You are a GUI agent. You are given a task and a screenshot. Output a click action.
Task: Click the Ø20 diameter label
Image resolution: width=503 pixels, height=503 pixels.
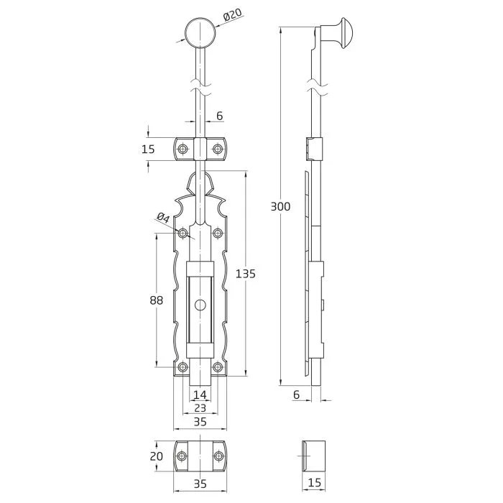233,15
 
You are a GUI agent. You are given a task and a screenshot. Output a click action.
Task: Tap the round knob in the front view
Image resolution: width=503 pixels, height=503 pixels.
200,33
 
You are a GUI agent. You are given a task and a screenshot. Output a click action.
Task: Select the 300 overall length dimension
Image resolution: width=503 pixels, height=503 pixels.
280,207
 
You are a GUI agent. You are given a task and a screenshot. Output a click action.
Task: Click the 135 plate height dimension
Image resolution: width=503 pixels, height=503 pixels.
246,274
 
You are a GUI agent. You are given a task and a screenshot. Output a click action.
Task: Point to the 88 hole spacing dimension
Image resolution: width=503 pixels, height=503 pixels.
156,300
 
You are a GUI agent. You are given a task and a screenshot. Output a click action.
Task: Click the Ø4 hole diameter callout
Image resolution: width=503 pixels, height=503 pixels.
163,218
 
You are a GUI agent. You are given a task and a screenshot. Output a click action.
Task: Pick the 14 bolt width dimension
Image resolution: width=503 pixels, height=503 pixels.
200,394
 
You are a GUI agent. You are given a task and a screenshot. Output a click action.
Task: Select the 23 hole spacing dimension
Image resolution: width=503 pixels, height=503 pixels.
200,408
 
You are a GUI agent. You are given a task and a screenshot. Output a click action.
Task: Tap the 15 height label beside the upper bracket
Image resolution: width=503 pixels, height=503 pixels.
148,149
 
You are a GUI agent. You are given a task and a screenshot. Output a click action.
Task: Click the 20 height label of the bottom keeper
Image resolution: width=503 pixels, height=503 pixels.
156,456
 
